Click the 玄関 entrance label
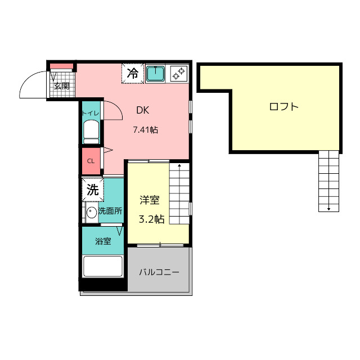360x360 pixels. point(62,86)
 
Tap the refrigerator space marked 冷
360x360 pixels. point(133,73)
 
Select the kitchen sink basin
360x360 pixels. point(155,74)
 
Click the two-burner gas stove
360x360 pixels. point(179,73)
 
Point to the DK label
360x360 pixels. point(142,110)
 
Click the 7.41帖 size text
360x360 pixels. point(146,130)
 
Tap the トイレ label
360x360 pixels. point(91,113)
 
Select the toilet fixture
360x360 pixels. point(91,133)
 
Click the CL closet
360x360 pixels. point(91,161)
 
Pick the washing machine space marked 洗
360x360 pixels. point(93,190)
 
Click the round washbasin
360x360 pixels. point(92,213)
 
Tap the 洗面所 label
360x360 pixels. point(110,211)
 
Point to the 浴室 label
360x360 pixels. point(103,241)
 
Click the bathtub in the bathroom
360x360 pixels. point(102,266)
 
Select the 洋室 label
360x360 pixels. point(150,200)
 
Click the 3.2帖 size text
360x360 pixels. point(151,219)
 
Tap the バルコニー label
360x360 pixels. point(159,272)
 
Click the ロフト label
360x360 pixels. point(283,107)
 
